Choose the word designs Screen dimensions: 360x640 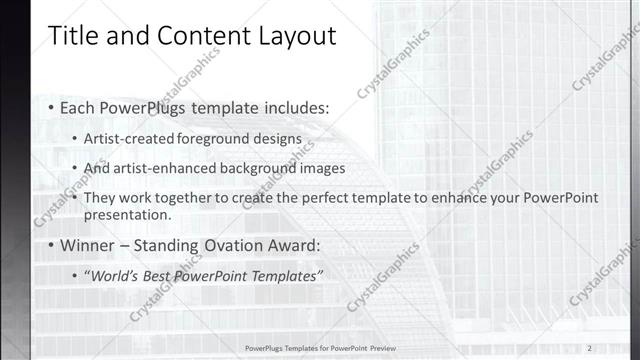pos(275,139)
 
